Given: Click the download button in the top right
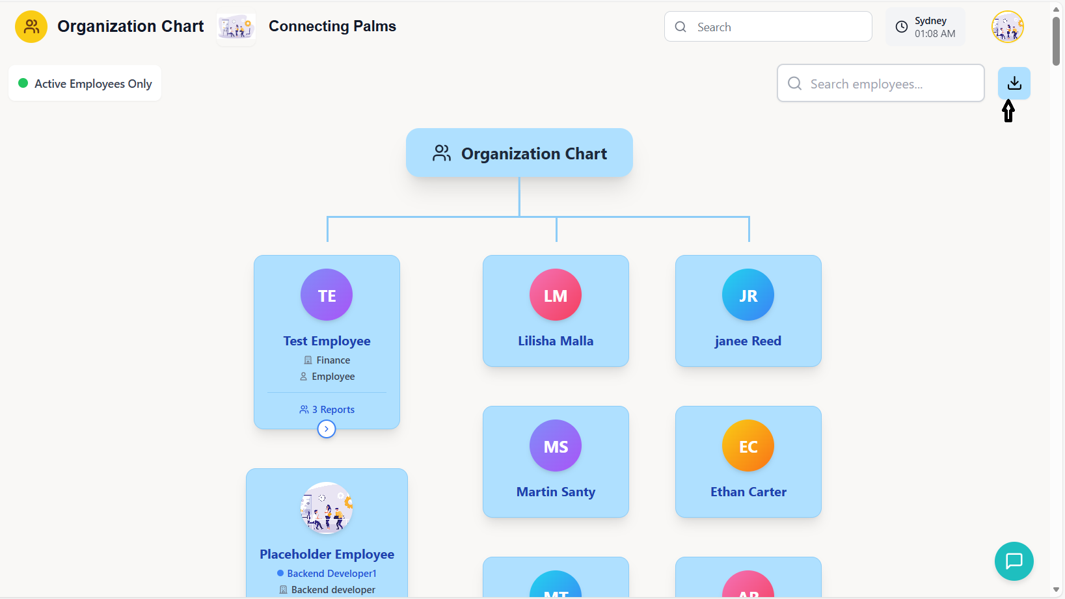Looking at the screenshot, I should [x=1014, y=83].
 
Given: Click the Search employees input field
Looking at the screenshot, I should [x=880, y=83].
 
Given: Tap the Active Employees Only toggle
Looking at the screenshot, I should [x=85, y=83].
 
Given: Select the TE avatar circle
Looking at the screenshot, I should [x=327, y=295].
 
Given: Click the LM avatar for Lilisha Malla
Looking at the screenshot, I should [x=556, y=295].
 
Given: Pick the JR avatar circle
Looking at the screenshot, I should [x=748, y=295].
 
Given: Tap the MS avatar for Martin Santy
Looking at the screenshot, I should [x=556, y=446].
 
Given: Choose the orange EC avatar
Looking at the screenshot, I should [x=748, y=446].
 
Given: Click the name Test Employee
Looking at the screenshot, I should [x=327, y=341].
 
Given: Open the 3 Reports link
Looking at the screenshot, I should [x=327, y=410].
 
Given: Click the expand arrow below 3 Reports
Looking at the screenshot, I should [x=327, y=429].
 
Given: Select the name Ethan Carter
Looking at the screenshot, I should [x=748, y=492].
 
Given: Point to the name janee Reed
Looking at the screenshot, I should [x=748, y=341].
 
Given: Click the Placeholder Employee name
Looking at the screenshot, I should [x=327, y=554].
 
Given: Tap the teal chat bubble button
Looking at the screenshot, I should [x=1014, y=561].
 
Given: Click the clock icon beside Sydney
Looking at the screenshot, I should [x=902, y=27].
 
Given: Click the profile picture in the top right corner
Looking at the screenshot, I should [x=1007, y=27].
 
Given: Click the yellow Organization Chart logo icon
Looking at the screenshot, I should [x=31, y=27].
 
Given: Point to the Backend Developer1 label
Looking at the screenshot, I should [x=331, y=574].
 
